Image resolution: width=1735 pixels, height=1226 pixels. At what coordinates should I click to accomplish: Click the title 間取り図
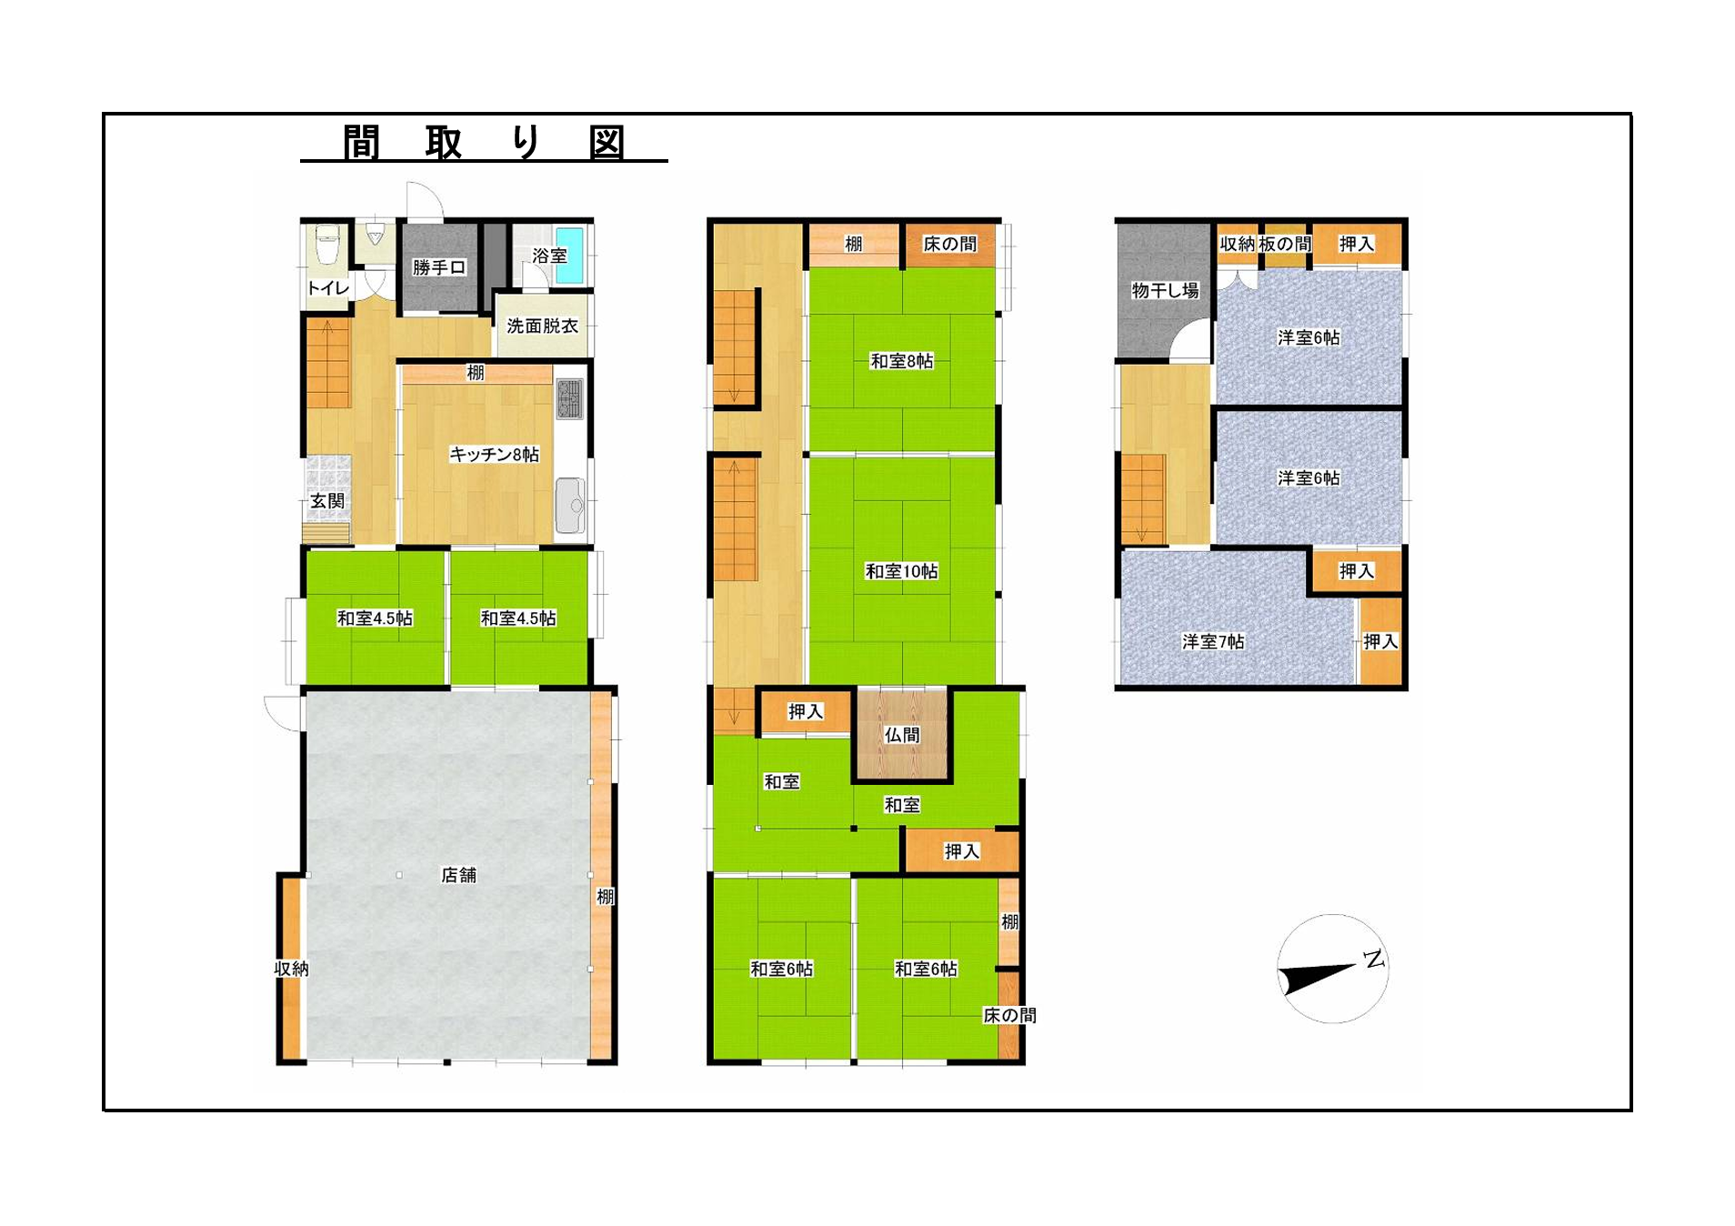(484, 143)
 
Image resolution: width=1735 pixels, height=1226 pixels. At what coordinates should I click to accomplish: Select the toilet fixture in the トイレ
(327, 245)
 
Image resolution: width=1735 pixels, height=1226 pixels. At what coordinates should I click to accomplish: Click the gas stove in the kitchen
(570, 399)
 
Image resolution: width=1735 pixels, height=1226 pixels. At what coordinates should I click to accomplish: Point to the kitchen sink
(570, 506)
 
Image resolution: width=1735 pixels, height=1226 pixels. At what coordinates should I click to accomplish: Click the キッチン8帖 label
(494, 455)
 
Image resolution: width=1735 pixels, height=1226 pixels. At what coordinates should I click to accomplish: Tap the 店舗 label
(458, 875)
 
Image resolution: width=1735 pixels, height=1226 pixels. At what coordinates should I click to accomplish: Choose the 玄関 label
(327, 501)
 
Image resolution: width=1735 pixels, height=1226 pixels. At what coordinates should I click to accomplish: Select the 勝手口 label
(439, 267)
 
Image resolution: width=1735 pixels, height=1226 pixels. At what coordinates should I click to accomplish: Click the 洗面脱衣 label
(542, 326)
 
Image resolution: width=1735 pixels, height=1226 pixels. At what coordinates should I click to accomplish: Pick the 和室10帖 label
(901, 571)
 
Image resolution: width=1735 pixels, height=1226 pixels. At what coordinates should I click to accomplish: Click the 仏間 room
(902, 735)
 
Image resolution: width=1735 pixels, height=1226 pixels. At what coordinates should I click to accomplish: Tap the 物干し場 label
(1165, 291)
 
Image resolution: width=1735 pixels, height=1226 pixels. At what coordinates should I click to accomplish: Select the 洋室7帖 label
(1213, 641)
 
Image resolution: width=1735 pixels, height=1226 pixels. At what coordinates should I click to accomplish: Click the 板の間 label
(1285, 244)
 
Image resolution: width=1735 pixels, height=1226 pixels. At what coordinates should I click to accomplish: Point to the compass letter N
(1374, 959)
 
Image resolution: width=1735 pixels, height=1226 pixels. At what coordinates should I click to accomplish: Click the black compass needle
(1317, 978)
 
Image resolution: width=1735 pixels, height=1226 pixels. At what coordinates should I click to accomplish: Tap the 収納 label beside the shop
(292, 969)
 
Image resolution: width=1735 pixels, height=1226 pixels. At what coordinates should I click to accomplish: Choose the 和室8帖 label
(901, 361)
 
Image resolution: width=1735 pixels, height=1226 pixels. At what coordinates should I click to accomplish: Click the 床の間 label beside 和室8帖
(949, 244)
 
